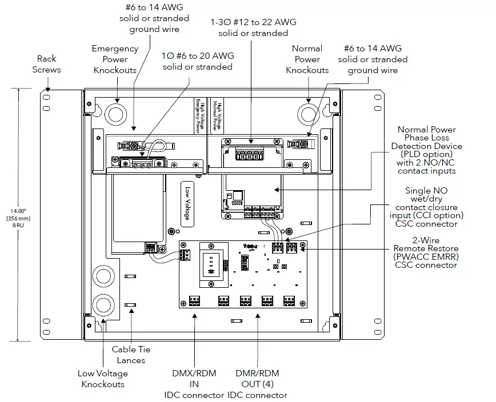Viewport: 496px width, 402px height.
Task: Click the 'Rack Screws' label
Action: point(49,64)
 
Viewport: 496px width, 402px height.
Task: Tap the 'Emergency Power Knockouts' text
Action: point(115,59)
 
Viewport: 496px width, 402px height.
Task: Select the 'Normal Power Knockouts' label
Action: point(307,59)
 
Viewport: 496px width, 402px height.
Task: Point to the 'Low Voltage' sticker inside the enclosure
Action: point(187,203)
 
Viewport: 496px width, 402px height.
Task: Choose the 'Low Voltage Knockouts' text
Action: point(103,379)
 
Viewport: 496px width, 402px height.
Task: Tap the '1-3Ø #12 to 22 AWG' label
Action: point(253,27)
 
